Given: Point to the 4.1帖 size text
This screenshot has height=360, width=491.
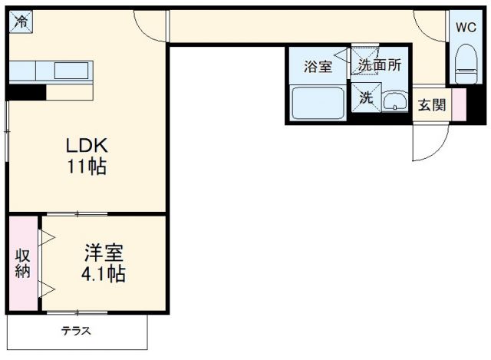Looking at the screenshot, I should click(104, 273).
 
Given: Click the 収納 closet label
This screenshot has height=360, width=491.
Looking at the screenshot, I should click(22, 263).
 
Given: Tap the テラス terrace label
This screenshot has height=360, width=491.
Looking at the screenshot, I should click(77, 332).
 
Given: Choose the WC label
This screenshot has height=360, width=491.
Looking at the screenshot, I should click(466, 27).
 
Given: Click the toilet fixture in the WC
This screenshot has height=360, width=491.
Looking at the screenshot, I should click(465, 61).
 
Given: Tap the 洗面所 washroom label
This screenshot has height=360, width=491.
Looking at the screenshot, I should click(380, 66).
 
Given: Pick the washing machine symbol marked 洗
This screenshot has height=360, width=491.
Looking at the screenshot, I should click(366, 97).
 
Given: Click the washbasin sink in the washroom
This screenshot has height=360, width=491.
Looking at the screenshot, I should click(394, 101).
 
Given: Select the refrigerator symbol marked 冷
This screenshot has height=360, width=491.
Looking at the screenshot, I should click(21, 21).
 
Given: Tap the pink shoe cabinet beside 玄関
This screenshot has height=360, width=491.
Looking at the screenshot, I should click(459, 105).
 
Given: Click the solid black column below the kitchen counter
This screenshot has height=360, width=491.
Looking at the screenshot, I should click(26, 92).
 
